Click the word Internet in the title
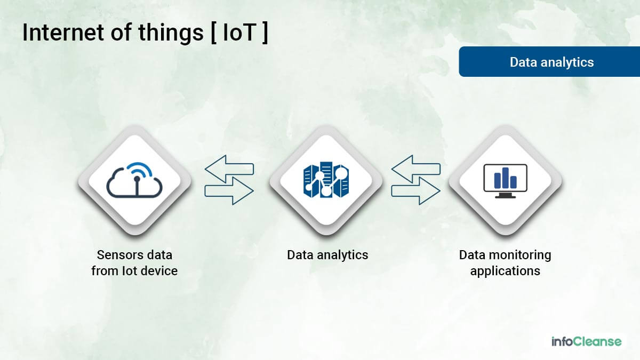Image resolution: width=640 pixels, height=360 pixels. click(x=63, y=33)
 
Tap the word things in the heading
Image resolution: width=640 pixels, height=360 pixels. click(x=171, y=34)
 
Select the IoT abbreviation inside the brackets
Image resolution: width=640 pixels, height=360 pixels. click(x=239, y=33)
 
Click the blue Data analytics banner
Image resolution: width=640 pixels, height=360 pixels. click(x=549, y=62)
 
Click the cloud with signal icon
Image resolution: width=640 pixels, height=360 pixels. click(x=134, y=180)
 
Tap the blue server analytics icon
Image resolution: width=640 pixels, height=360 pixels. click(x=326, y=179)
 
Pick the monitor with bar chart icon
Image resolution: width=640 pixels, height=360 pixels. click(x=505, y=181)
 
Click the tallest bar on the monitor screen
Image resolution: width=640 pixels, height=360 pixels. click(x=506, y=178)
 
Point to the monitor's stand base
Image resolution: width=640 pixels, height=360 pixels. click(x=505, y=197)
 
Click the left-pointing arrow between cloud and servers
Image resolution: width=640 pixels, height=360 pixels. click(x=229, y=169)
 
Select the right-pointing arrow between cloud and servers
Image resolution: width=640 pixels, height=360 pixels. click(x=229, y=191)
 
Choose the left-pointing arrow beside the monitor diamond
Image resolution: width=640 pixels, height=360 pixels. click(x=415, y=169)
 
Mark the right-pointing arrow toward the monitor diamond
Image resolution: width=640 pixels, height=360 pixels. click(x=415, y=191)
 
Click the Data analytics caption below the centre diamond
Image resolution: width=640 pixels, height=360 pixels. click(x=327, y=255)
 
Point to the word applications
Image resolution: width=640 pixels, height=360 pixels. click(x=505, y=271)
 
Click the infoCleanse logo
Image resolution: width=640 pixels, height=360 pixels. click(x=587, y=341)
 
